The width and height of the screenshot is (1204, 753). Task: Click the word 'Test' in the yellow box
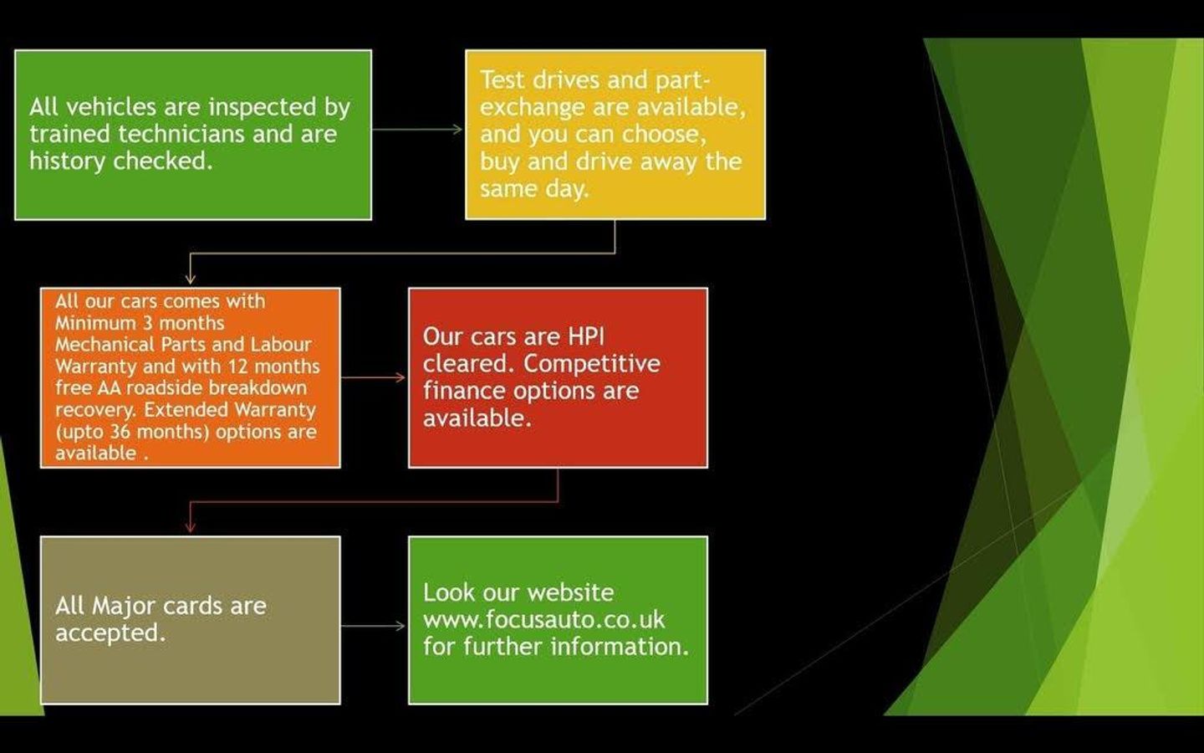[502, 80]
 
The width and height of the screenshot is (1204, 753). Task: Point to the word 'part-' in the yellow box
[682, 81]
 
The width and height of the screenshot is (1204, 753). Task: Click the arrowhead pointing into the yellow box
[457, 129]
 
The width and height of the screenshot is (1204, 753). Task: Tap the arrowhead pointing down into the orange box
[191, 279]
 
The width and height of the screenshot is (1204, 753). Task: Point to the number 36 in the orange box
[120, 432]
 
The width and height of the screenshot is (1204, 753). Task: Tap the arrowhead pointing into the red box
[400, 377]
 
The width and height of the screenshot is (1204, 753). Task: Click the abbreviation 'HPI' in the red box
[586, 337]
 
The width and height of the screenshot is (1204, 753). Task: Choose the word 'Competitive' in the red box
[592, 365]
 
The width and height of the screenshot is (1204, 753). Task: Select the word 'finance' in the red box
[464, 391]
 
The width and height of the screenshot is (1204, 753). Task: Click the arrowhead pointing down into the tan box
[191, 527]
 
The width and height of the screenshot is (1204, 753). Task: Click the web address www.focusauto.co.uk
[544, 620]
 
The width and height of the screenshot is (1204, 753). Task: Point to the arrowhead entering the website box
[400, 626]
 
